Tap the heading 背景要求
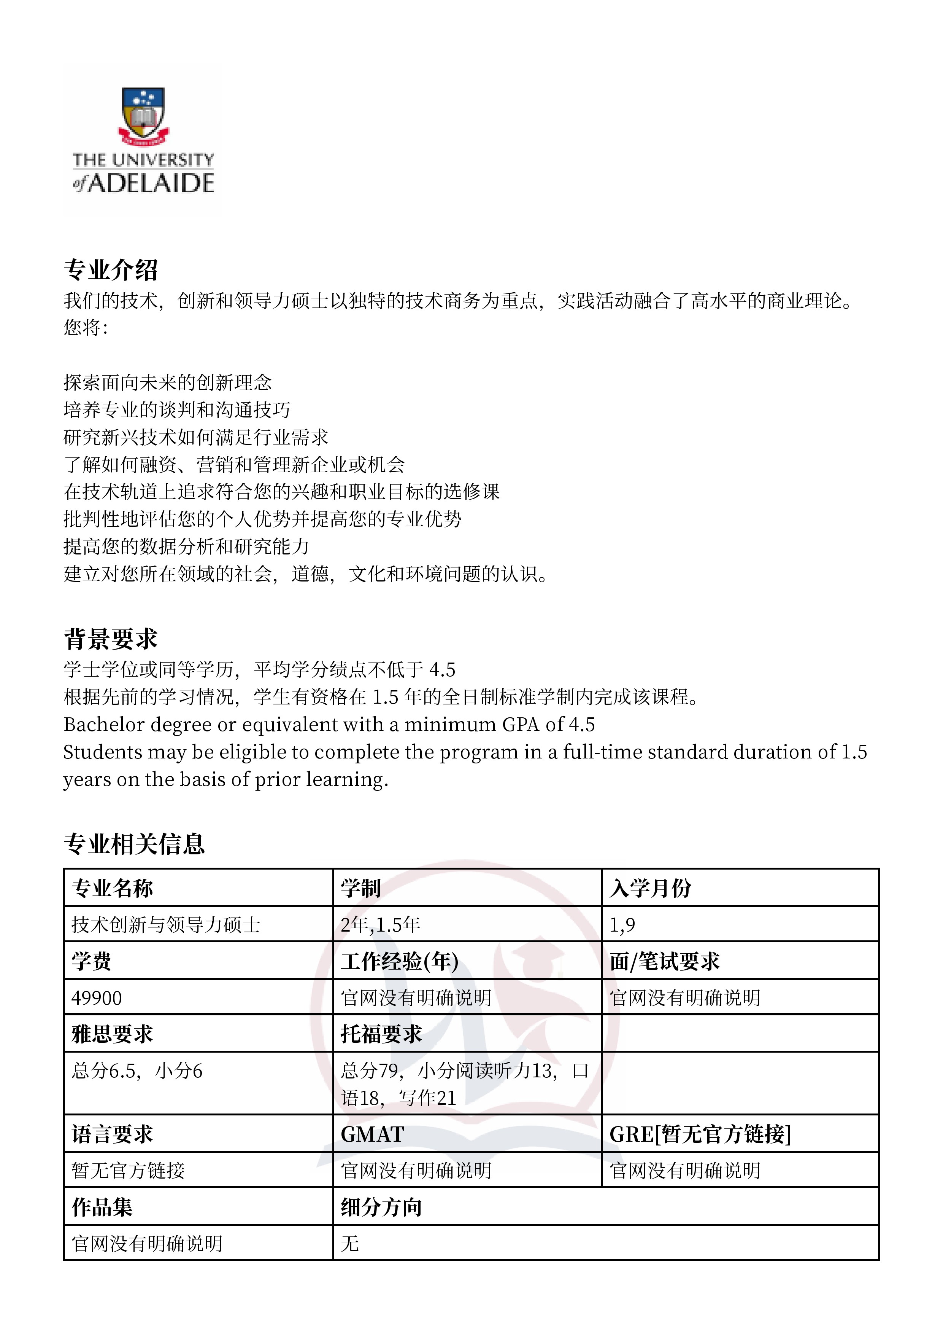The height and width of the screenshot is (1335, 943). click(x=110, y=639)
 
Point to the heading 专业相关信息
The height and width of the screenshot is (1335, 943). click(x=134, y=844)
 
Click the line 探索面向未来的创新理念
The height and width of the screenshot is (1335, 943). click(x=167, y=382)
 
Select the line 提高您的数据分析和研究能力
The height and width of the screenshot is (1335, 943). click(x=186, y=546)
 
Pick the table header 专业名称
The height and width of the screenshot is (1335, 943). click(x=112, y=888)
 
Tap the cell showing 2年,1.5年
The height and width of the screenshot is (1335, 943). click(x=381, y=924)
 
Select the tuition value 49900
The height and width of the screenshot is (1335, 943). click(x=97, y=998)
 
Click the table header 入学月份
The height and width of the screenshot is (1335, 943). click(x=650, y=888)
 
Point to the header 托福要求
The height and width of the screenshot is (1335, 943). click(x=381, y=1034)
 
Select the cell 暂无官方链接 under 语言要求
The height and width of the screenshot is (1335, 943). click(x=128, y=1171)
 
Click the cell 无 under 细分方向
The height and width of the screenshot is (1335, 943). click(x=350, y=1244)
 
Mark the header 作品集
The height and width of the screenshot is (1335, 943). click(x=102, y=1207)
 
